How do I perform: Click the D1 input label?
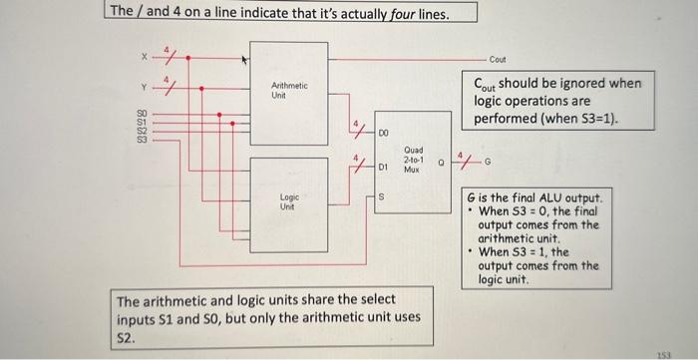click(x=383, y=171)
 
